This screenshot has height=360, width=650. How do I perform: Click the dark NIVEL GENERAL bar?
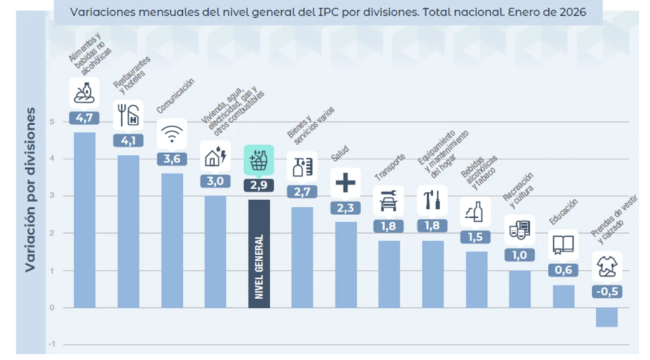click(x=259, y=254)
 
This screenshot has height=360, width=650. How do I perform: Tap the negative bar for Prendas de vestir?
click(x=606, y=317)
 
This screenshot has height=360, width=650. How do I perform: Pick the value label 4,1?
click(x=128, y=140)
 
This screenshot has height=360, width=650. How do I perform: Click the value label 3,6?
click(x=171, y=159)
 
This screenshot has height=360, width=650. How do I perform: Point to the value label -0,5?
click(x=607, y=291)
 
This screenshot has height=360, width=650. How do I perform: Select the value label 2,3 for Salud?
click(x=345, y=207)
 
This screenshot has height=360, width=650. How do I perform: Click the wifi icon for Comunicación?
click(x=171, y=133)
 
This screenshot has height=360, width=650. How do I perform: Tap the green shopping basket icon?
click(x=259, y=159)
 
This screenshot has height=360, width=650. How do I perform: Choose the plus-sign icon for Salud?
click(x=345, y=183)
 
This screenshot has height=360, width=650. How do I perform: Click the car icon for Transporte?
click(x=388, y=201)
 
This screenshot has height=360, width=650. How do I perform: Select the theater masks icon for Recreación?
click(x=519, y=229)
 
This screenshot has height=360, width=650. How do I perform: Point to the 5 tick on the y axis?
click(x=51, y=121)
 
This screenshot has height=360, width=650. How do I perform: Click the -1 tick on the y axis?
click(x=51, y=344)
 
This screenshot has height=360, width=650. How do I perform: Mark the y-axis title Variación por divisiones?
click(x=30, y=190)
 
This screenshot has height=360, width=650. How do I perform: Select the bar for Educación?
click(x=563, y=297)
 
